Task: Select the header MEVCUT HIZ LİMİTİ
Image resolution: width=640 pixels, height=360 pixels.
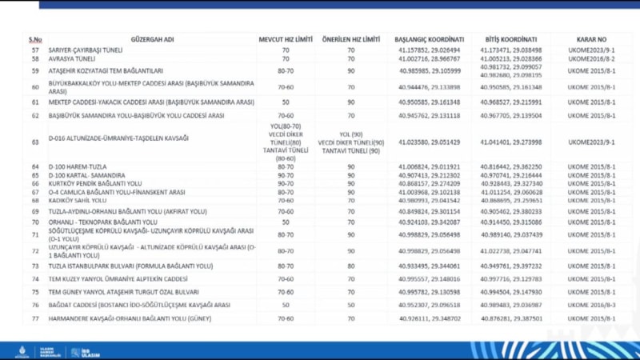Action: [286, 39]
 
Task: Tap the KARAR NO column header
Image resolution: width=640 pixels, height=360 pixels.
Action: [590, 39]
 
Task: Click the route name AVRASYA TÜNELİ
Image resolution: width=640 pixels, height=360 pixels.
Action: [72, 58]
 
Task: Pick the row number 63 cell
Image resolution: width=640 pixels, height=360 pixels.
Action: [35, 141]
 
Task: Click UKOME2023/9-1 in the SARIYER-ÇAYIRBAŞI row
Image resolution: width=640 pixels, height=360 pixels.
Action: [590, 50]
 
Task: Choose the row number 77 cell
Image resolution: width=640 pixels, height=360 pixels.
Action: [35, 318]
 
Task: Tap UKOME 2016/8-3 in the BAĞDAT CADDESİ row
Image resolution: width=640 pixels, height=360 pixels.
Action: [590, 305]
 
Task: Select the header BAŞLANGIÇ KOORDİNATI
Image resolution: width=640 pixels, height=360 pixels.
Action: [429, 39]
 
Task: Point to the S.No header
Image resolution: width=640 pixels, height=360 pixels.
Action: [35, 39]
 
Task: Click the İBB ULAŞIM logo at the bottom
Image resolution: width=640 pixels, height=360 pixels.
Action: [80, 350]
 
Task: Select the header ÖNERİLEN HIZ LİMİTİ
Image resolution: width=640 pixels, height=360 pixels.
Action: [350, 39]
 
